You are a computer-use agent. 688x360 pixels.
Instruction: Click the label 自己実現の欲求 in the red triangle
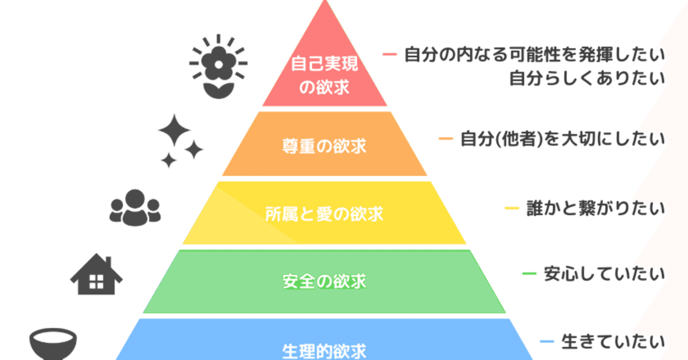[x=324, y=76]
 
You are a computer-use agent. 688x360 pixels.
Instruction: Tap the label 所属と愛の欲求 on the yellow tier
[x=324, y=214]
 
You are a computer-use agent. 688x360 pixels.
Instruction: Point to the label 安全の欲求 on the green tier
[x=324, y=281]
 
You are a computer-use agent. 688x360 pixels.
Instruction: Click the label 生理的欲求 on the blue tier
[x=324, y=351]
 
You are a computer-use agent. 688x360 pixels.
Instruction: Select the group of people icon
[x=135, y=207]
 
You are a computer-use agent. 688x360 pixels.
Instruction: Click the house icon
[x=97, y=275]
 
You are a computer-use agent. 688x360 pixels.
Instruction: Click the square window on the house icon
[x=96, y=281]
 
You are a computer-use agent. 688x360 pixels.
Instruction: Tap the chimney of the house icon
[x=108, y=262]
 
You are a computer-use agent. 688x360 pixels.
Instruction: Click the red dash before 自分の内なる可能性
[x=390, y=54]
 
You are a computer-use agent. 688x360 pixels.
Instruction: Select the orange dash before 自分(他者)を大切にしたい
[x=446, y=139]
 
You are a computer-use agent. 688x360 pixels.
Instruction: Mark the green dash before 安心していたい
[x=529, y=274]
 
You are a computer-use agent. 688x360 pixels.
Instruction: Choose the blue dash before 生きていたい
[x=547, y=341]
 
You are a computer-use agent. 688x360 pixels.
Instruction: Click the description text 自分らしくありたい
[x=587, y=79]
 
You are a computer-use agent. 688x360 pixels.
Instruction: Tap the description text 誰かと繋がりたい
[x=596, y=208]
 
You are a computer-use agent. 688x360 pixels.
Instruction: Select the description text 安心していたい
[x=604, y=275]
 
